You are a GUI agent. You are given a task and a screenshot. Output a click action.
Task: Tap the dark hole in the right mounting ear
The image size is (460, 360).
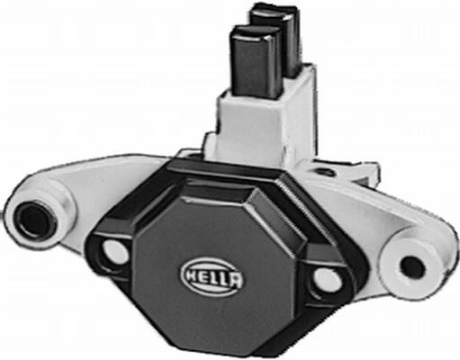pos(412,266)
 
